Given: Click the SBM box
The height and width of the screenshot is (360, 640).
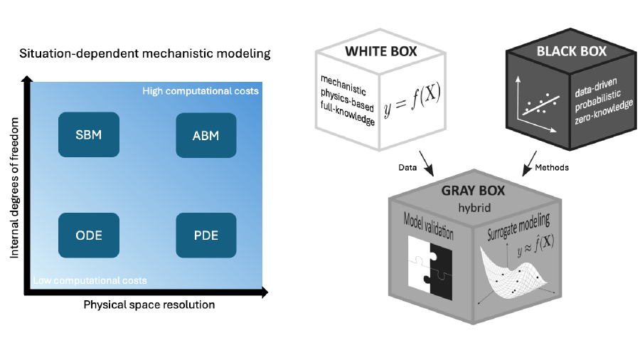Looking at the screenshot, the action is pyautogui.click(x=89, y=134).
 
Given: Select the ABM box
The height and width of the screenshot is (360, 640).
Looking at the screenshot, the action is pyautogui.click(x=206, y=135).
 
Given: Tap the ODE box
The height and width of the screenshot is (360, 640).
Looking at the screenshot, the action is pyautogui.click(x=89, y=235).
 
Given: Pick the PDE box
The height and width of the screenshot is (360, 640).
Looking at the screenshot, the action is pyautogui.click(x=206, y=235).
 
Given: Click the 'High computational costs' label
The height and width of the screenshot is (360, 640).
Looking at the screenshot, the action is pyautogui.click(x=201, y=91).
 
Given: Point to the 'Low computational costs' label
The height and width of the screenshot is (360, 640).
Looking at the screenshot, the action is pyautogui.click(x=90, y=280).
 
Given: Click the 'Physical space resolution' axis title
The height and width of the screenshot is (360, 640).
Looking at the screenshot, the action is pyautogui.click(x=149, y=305).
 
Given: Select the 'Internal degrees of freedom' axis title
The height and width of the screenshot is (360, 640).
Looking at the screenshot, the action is pyautogui.click(x=14, y=188).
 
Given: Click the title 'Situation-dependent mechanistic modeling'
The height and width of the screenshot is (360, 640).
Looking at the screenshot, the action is pyautogui.click(x=145, y=53).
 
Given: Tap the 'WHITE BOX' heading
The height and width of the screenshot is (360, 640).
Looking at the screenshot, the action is pyautogui.click(x=381, y=51).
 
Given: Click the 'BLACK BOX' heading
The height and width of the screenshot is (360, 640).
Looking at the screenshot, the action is pyautogui.click(x=572, y=51).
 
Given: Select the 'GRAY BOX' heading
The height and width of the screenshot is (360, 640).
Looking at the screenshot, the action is pyautogui.click(x=473, y=191).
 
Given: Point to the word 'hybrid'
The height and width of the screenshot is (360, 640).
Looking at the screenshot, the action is pyautogui.click(x=474, y=208).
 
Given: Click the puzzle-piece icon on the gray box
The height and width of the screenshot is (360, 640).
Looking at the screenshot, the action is pyautogui.click(x=430, y=268).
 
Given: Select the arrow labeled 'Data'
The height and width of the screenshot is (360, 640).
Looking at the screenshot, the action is pyautogui.click(x=426, y=164).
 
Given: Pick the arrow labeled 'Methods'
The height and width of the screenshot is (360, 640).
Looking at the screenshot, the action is pyautogui.click(x=529, y=164).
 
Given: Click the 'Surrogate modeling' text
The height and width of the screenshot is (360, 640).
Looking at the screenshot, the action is pyautogui.click(x=518, y=226).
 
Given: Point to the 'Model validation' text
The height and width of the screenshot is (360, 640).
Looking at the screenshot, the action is pyautogui.click(x=429, y=226).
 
